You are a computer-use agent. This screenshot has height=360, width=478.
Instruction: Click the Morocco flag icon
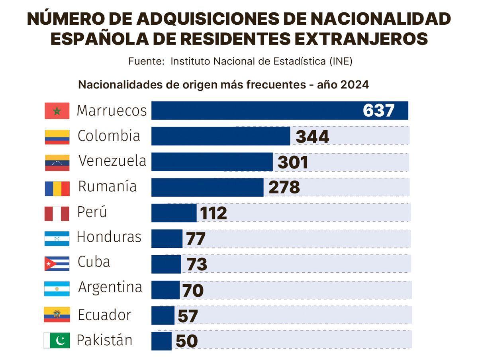[57, 111]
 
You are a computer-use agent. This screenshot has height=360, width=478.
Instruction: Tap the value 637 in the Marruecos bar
[378, 111]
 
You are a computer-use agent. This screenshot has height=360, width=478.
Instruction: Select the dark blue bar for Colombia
[221, 136]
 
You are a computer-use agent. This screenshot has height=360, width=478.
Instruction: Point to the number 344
[312, 137]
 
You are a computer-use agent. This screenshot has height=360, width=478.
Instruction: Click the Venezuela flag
[57, 162]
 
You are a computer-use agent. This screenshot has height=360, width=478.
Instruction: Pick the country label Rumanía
[107, 186]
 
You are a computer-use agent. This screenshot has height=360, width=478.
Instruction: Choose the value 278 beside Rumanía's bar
[284, 188]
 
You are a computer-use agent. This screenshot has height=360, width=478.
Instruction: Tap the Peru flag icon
[57, 213]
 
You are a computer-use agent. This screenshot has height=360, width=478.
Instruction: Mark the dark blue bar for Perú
[174, 213]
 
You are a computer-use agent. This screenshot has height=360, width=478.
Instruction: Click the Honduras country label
[109, 237]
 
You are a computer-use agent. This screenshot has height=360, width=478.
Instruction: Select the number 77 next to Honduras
[196, 239]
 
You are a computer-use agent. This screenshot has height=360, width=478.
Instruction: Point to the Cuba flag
[57, 264]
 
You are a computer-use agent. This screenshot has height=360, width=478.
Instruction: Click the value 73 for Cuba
[197, 264]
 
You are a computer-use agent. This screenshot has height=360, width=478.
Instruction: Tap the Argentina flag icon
[57, 289]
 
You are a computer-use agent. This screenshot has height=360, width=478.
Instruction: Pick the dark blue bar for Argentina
[165, 290]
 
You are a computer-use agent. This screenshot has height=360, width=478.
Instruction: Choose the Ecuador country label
[104, 315]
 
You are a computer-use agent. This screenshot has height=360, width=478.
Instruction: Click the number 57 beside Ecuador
[188, 316]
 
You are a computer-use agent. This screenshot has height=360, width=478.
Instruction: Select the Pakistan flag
[57, 340]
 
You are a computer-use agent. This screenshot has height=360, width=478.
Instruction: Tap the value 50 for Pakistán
[186, 342]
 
